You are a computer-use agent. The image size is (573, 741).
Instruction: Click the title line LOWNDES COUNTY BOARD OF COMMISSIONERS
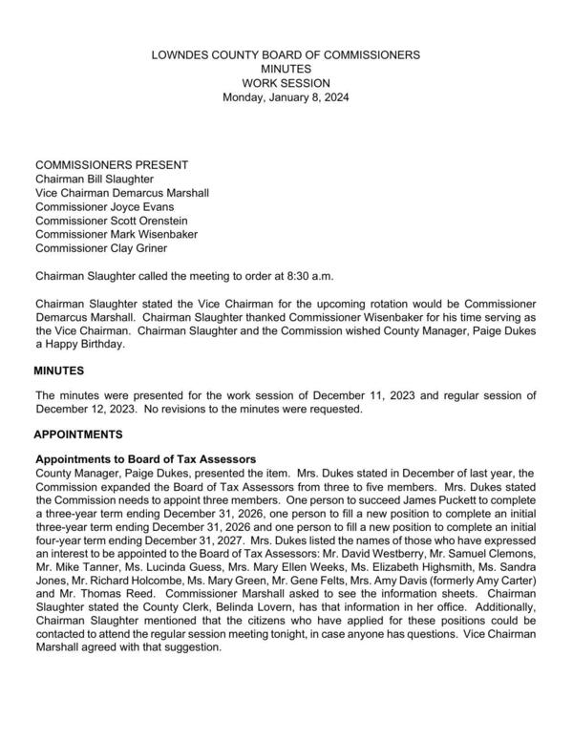tap(286, 56)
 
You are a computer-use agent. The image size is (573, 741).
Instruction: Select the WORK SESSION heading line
tap(286, 83)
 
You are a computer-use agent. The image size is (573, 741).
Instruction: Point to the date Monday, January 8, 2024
tap(286, 97)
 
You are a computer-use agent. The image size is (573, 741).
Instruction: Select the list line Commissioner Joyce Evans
tap(105, 206)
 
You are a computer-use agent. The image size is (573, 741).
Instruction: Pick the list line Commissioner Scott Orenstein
tap(112, 221)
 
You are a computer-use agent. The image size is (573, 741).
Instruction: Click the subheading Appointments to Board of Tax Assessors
tap(145, 458)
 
